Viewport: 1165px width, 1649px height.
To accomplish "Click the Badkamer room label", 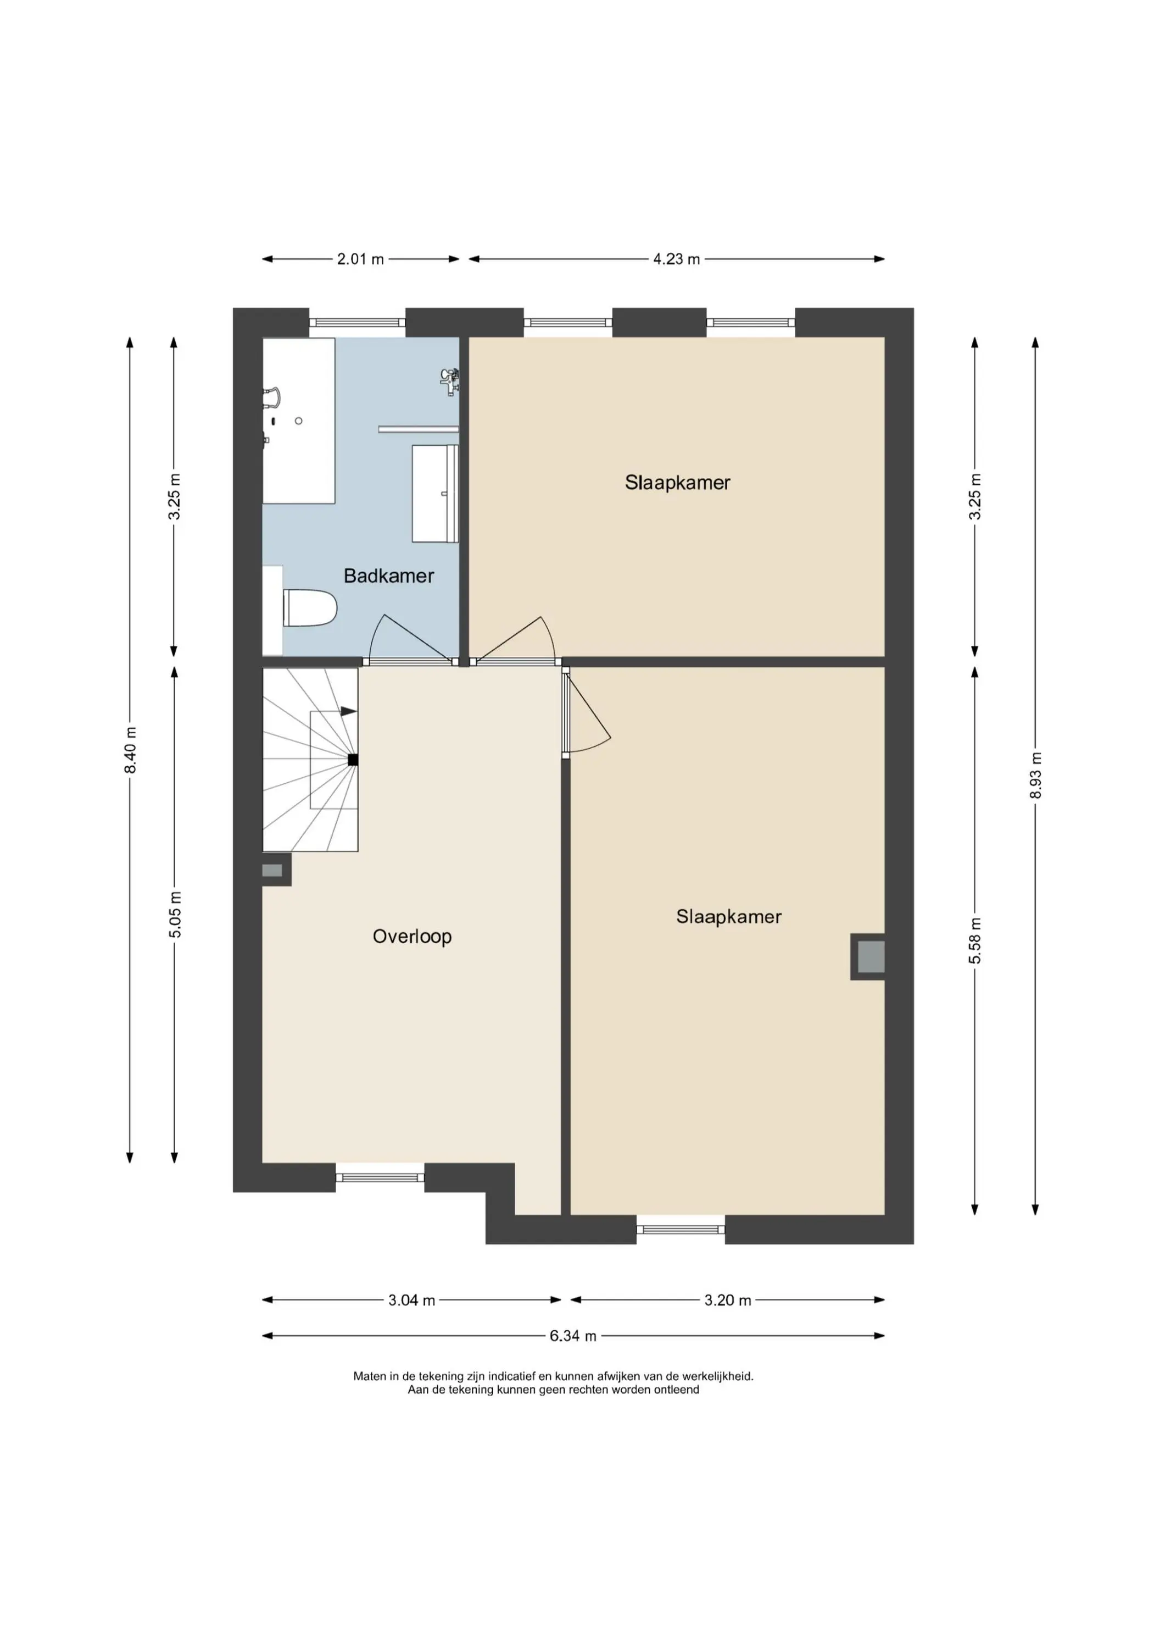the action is click(388, 576).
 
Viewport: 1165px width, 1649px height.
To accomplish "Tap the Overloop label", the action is click(412, 937).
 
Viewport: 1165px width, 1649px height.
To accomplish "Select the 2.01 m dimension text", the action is click(360, 259).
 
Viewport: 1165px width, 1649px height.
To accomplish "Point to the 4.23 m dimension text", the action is click(676, 259).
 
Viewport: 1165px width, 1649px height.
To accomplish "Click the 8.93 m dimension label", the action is click(1035, 776).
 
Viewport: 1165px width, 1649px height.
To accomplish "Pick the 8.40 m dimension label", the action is click(130, 750).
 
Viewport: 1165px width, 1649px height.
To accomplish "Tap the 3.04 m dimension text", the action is click(411, 1300).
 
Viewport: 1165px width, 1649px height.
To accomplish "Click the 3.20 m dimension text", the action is click(727, 1300).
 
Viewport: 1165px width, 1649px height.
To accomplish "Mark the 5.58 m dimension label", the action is click(975, 941).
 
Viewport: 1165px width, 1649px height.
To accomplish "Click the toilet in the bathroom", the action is click(309, 607).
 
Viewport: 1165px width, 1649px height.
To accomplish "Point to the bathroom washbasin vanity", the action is click(435, 494).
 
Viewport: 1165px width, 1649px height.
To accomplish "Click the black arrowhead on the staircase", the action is click(348, 711).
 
